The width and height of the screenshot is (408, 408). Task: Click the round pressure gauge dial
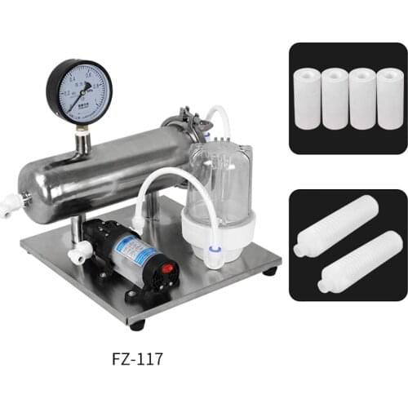click(x=78, y=93)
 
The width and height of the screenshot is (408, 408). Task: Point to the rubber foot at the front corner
click(x=136, y=324)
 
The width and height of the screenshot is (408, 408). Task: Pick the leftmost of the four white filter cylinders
click(x=307, y=98)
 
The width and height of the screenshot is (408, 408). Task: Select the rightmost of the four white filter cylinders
click(x=389, y=98)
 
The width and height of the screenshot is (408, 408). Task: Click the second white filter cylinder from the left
click(x=335, y=98)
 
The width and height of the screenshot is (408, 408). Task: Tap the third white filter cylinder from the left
click(x=362, y=98)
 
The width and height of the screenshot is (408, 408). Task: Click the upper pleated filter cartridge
click(x=336, y=224)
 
